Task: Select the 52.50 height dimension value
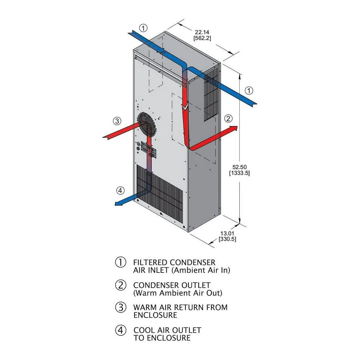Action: (239, 167)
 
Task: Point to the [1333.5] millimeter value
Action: (239, 173)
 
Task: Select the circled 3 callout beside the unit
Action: (116, 121)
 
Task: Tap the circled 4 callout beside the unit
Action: (120, 190)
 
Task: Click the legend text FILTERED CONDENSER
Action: (174, 262)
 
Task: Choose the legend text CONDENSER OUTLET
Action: (172, 285)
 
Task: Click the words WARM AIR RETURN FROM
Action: (180, 308)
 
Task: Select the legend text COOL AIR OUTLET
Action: (167, 330)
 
